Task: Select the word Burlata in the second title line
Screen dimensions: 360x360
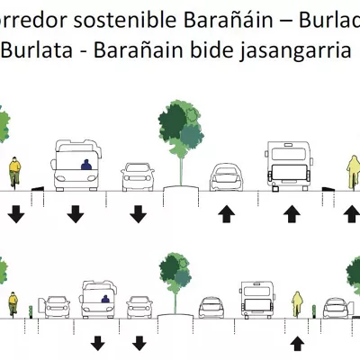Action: (x=38, y=49)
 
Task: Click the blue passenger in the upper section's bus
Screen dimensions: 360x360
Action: (x=86, y=165)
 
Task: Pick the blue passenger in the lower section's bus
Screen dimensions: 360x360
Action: (x=105, y=299)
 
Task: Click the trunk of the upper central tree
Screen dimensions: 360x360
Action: (x=181, y=172)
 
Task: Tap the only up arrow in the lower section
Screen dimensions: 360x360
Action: (x=297, y=344)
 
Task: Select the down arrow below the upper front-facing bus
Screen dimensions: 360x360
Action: (x=76, y=214)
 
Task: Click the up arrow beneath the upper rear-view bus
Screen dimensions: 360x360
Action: (x=292, y=214)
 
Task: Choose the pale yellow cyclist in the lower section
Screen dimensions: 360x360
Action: (x=297, y=304)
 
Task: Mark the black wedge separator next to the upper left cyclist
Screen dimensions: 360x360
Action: (x=38, y=189)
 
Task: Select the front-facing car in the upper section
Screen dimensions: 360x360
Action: (x=138, y=177)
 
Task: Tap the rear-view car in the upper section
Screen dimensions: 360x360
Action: (x=227, y=177)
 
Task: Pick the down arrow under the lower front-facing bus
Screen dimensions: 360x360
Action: (x=97, y=343)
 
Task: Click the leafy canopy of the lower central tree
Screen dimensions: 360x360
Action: (x=175, y=273)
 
